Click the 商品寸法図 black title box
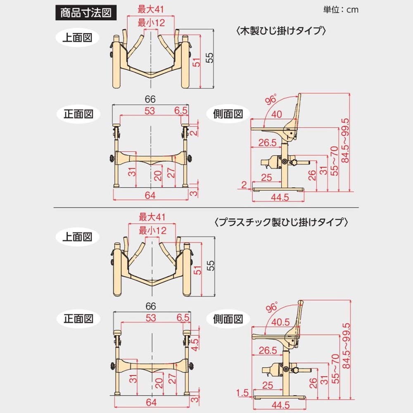(86, 13)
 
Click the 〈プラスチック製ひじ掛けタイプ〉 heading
(280, 222)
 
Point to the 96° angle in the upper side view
(271, 100)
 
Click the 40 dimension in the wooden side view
(277, 114)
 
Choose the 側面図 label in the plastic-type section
(228, 318)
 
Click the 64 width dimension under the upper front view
(150, 195)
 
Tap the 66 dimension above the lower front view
(150, 306)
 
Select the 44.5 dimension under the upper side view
(278, 197)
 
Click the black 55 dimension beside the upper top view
(210, 58)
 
